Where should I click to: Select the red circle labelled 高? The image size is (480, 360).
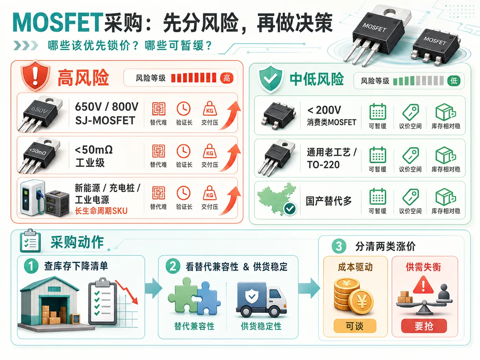pos(227,78)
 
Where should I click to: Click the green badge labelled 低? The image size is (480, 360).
pos(454,81)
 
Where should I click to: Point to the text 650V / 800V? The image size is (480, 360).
pos(107,107)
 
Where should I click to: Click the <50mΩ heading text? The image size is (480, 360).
pos(94,150)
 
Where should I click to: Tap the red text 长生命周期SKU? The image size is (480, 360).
pos(101,211)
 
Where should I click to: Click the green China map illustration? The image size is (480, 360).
pos(277,199)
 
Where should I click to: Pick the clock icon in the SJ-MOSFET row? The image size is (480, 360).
pos(183,109)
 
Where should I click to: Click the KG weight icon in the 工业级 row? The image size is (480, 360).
pos(209,151)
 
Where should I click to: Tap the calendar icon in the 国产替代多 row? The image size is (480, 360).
pos(378,196)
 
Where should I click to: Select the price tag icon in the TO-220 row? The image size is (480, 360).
pos(410,155)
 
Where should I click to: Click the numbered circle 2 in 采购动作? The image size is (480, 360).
pos(173,266)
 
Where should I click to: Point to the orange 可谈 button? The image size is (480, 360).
pos(355,326)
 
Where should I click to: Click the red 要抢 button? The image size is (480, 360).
pos(424,326)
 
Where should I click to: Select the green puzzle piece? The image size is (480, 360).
pos(183,295)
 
